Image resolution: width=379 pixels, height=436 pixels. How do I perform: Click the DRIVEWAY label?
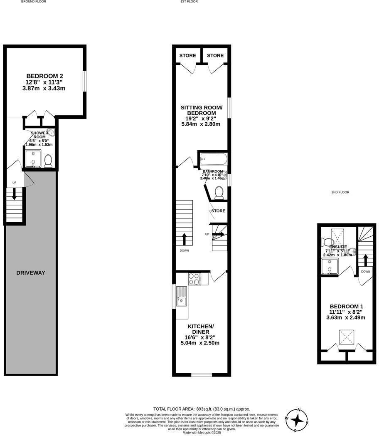31,273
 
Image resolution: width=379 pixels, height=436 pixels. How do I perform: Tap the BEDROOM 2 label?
45,76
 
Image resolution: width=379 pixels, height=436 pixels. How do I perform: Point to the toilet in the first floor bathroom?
219,192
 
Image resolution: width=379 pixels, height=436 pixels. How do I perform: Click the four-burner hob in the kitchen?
194,279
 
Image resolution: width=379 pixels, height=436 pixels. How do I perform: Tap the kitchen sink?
182,296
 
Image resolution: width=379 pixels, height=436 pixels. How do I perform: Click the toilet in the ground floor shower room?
48,161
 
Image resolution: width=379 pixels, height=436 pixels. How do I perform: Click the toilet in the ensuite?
327,241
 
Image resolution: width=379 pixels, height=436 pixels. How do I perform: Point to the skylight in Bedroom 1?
346,336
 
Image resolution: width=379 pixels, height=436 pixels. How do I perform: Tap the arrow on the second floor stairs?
366,260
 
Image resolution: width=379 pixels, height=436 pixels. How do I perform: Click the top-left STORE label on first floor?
188,55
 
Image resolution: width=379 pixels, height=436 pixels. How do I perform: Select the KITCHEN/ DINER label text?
200,329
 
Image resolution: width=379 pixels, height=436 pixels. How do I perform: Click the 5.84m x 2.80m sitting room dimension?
201,124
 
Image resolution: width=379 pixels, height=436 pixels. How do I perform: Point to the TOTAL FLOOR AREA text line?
202,409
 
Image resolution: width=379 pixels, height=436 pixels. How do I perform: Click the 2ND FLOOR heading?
340,192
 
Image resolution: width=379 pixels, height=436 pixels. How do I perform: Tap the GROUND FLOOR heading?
33,2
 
